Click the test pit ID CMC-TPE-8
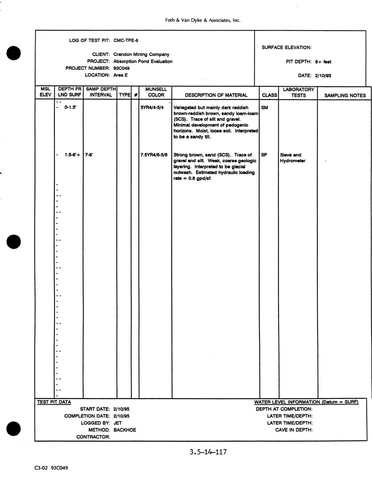[126, 40]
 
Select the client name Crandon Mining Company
[141, 54]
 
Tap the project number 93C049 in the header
[121, 68]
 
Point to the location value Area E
[120, 75]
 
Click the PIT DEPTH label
[299, 62]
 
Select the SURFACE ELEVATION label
[286, 48]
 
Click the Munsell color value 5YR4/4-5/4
[152, 107]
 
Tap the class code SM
[264, 107]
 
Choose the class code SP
[264, 155]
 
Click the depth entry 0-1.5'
[70, 107]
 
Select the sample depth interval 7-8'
[89, 155]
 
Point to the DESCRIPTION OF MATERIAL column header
[216, 95]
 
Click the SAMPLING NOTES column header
[345, 95]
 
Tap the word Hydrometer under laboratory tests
[293, 161]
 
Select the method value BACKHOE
[125, 430]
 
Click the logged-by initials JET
[117, 423]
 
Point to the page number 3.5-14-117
[208, 452]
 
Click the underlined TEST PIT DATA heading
[54, 402]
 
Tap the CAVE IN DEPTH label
[294, 430]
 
